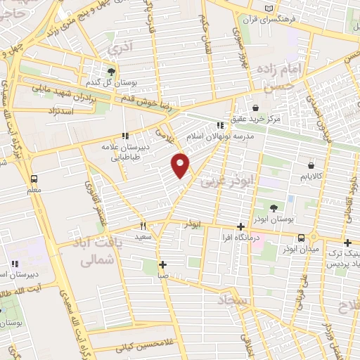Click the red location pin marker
(x=181, y=165)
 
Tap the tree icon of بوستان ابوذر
(x=274, y=207)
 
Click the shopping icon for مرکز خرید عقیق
(x=255, y=107)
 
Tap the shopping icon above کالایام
(x=310, y=165)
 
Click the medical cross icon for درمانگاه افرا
(x=241, y=226)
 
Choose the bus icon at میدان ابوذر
(x=302, y=237)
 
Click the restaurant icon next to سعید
(x=143, y=226)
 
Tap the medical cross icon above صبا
(x=162, y=265)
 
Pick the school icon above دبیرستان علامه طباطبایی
(x=124, y=136)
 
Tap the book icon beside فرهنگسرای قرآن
(x=268, y=9)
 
